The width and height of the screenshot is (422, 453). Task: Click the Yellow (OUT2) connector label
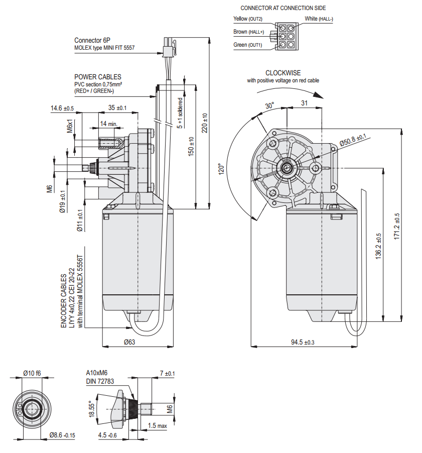248,19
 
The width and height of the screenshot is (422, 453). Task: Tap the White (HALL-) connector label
319,19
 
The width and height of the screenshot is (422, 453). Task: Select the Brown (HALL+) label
248,32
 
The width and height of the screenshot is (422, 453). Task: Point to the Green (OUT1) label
248,45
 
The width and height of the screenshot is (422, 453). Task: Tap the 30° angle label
269,106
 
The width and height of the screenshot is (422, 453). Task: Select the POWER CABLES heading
97,77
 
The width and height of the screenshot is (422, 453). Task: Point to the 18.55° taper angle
91,409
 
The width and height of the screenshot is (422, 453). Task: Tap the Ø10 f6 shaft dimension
32,373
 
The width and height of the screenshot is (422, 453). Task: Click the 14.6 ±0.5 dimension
62,108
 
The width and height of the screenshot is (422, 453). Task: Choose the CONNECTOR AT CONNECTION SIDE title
283,8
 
